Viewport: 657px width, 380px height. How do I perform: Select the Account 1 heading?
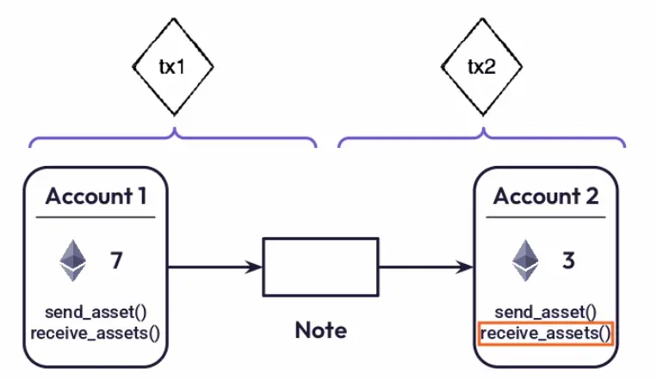pyautogui.click(x=96, y=196)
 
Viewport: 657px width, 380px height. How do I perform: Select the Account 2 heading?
pyautogui.click(x=546, y=196)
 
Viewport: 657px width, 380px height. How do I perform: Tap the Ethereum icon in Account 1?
pyautogui.click(x=73, y=260)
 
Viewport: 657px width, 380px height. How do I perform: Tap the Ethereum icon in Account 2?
pyautogui.click(x=525, y=260)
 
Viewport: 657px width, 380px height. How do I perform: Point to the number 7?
pyautogui.click(x=116, y=260)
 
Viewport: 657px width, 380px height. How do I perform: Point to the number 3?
pyautogui.click(x=568, y=260)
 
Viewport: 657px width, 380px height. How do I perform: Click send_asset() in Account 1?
pyautogui.click(x=96, y=312)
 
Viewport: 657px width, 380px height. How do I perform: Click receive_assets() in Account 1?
pyautogui.click(x=96, y=334)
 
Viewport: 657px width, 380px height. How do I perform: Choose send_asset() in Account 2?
pyautogui.click(x=546, y=312)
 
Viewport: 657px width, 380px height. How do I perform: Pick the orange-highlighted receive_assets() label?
pyautogui.click(x=546, y=334)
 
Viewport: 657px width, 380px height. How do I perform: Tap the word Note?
pyautogui.click(x=321, y=330)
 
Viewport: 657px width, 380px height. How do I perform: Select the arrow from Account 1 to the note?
pyautogui.click(x=215, y=267)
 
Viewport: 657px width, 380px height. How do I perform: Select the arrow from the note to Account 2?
pyautogui.click(x=426, y=267)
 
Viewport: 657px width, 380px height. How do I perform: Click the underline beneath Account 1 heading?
pyautogui.click(x=96, y=217)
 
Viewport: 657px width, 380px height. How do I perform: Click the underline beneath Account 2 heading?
pyautogui.click(x=546, y=217)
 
